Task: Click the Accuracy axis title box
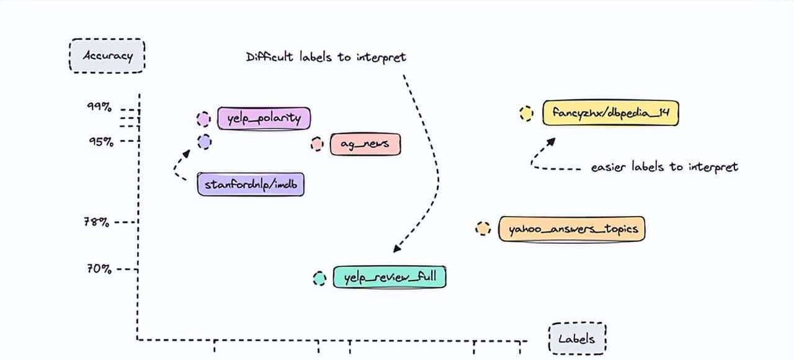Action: [x=108, y=56]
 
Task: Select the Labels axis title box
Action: [x=577, y=338]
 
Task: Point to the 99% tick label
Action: [x=99, y=106]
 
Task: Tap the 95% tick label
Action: [x=101, y=141]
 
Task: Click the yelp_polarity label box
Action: [x=264, y=118]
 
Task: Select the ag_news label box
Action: [x=365, y=145]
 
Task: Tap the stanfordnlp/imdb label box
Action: [x=251, y=184]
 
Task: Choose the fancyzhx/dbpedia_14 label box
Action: [x=610, y=114]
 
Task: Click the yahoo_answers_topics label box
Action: [x=572, y=229]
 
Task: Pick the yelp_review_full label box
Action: [x=390, y=277]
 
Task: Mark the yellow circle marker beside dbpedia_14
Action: [x=526, y=114]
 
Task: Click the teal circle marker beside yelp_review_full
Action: [x=319, y=279]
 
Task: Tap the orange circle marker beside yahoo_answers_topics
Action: [x=482, y=228]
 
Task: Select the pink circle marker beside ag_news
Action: [x=317, y=145]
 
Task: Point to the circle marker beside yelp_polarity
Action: [x=203, y=119]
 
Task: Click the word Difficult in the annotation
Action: [x=267, y=57]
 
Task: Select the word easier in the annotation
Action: [x=608, y=166]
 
